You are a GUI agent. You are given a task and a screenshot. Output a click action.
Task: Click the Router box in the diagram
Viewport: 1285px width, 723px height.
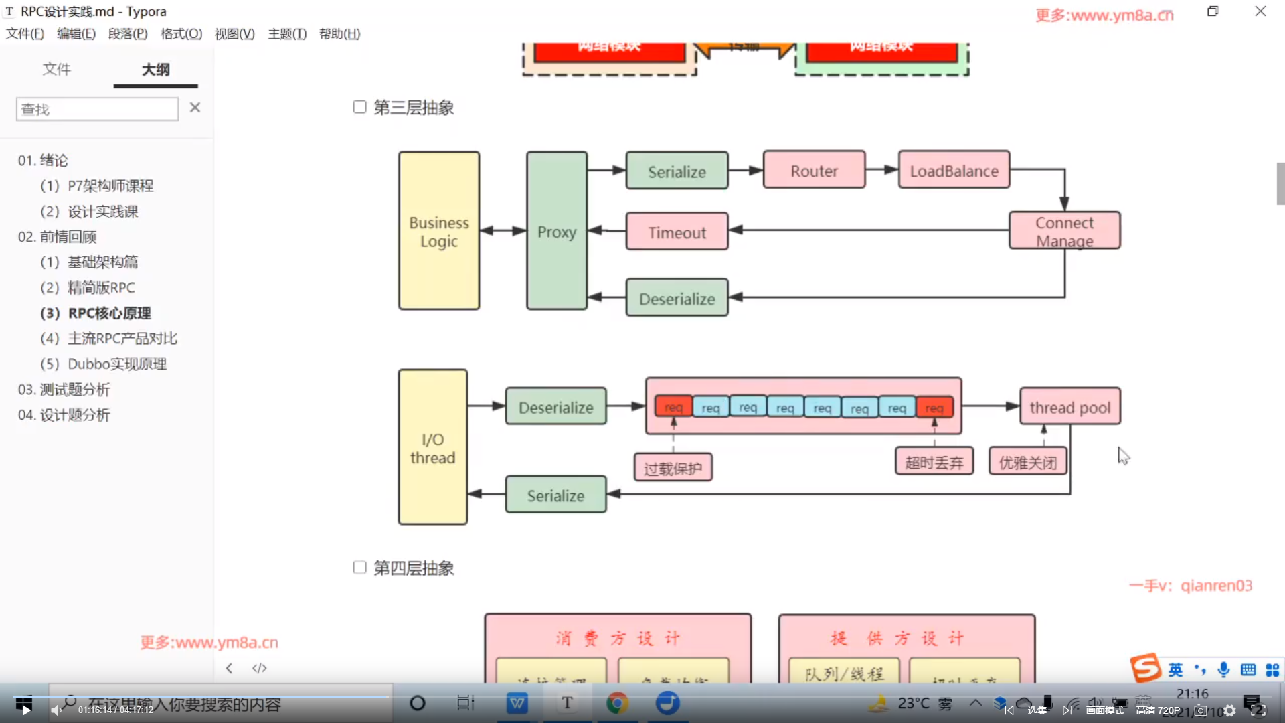814,171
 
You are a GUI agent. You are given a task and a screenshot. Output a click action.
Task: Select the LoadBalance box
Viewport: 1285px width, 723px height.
954,171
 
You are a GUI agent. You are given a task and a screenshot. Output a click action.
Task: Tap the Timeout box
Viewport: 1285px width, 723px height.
677,232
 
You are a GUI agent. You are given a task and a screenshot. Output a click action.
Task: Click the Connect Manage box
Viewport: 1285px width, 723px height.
1064,231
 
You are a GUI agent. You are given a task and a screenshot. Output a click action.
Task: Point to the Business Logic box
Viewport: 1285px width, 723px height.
439,231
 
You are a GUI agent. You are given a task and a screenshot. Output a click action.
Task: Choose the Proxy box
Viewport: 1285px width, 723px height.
557,231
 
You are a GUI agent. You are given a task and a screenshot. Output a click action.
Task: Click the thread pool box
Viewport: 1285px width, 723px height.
1069,407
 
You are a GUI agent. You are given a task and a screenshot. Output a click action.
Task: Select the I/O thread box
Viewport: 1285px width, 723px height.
432,447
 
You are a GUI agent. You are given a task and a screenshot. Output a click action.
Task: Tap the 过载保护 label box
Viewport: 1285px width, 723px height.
673,468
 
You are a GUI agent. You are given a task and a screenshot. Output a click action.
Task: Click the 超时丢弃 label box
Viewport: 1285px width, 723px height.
934,462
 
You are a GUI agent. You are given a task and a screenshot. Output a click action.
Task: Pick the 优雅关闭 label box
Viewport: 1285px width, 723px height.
1027,462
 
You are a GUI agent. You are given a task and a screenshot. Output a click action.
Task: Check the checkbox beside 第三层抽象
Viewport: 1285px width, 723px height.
360,107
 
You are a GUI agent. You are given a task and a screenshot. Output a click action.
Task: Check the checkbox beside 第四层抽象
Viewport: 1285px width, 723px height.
360,568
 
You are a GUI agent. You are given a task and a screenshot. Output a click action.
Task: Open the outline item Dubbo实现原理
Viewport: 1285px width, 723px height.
117,364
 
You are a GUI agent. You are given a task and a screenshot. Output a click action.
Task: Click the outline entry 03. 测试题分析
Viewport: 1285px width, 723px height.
64,390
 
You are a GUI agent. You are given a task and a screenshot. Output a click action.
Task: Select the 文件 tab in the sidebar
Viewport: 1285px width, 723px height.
57,70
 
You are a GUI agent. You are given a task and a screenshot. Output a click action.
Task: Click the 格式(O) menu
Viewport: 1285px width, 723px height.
181,34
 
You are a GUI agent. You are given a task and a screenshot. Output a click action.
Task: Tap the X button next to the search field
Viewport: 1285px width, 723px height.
195,108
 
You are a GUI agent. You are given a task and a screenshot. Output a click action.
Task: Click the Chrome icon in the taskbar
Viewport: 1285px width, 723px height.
617,703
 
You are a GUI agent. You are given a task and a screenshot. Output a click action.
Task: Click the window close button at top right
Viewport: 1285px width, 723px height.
1260,11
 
